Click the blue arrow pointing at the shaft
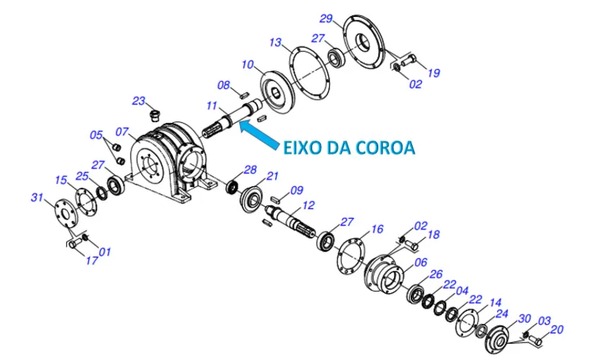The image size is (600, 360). [x=258, y=133]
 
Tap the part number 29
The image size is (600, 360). [x=326, y=18]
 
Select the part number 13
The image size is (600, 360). [x=275, y=42]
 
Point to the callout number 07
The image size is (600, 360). [x=122, y=132]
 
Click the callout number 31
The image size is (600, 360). [x=37, y=198]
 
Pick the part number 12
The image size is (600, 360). [x=308, y=205]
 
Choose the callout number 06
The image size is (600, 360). [x=421, y=263]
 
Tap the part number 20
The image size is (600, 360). [x=557, y=330]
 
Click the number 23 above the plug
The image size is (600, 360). [x=138, y=101]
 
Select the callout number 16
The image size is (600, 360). [x=377, y=229]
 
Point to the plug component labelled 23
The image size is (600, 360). [x=153, y=114]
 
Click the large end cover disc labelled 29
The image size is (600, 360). [x=363, y=42]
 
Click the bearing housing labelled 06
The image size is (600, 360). [x=384, y=274]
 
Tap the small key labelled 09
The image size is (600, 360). [x=275, y=198]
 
